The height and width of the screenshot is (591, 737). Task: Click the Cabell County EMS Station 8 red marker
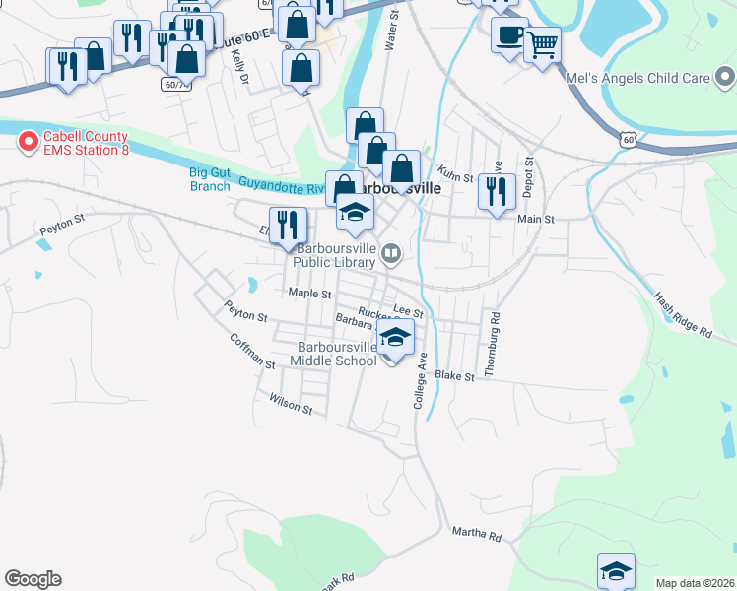click(x=29, y=143)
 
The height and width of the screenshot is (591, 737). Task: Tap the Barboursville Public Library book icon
click(x=392, y=254)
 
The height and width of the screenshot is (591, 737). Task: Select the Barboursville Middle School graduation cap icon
click(x=395, y=339)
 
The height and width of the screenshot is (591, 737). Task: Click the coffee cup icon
click(x=509, y=36)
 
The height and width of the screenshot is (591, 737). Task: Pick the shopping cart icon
click(x=542, y=42)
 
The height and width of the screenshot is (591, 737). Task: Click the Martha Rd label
click(x=476, y=535)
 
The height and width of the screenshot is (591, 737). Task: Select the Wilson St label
click(x=290, y=403)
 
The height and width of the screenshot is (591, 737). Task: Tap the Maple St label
click(x=307, y=293)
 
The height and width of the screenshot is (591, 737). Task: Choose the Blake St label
click(x=455, y=376)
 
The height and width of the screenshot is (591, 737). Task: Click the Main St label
click(x=536, y=219)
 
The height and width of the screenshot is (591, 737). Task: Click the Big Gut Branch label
click(x=209, y=178)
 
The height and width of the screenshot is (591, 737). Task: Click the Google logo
click(x=33, y=579)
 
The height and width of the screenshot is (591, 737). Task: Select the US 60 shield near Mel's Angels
click(x=628, y=140)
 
